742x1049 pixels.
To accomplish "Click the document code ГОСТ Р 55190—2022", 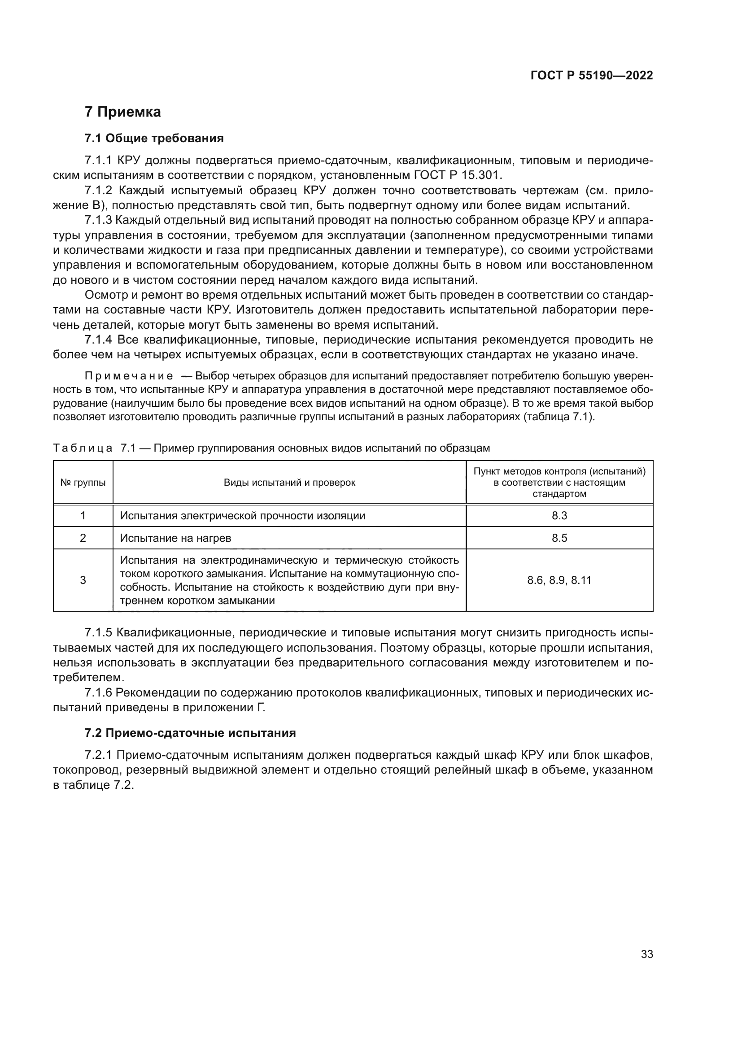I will [x=591, y=76].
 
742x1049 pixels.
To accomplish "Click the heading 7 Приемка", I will [x=123, y=112].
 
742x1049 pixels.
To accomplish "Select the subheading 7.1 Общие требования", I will [x=154, y=139].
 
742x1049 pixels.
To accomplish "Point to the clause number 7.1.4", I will [x=98, y=340].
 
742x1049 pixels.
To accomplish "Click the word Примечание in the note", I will [x=129, y=376].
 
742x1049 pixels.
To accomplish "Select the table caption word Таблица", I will [x=83, y=448].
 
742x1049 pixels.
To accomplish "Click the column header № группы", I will [x=83, y=483].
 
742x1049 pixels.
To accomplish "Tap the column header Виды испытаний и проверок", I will [x=289, y=483].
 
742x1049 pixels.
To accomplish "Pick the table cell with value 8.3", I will [x=559, y=516].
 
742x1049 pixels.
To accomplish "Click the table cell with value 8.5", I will [x=559, y=538].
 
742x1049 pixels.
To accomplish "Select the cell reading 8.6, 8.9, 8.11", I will [x=559, y=580].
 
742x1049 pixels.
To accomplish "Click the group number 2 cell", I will [x=83, y=538].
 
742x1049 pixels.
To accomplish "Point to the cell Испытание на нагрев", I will [x=175, y=538].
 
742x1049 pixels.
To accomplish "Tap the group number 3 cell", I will [x=83, y=580].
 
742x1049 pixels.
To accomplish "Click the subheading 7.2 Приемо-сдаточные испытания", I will [x=190, y=733].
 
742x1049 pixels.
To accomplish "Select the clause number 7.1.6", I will [x=98, y=692].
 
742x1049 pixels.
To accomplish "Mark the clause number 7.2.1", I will [x=98, y=755].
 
